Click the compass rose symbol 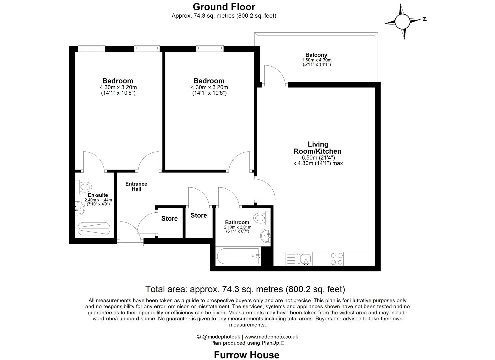(404, 21)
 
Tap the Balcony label (316, 55)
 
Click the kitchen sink (305, 258)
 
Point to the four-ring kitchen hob (336, 259)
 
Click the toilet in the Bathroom (262, 218)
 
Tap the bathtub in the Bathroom (238, 256)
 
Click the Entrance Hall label (136, 186)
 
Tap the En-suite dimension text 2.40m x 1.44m (98, 200)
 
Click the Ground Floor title (224, 7)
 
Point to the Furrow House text (246, 355)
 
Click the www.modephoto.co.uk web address (271, 337)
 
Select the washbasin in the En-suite (80, 208)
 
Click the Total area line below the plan (245, 289)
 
